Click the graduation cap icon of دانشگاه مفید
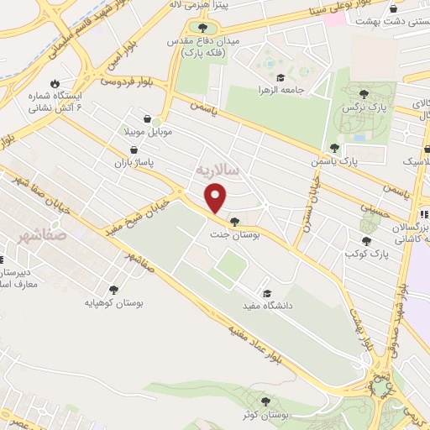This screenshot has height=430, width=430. pyautogui.click(x=267, y=293)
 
